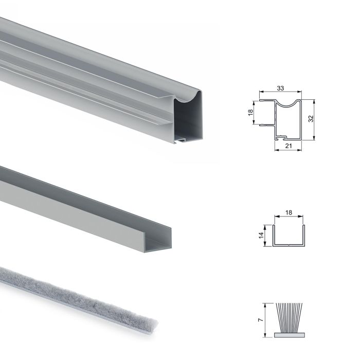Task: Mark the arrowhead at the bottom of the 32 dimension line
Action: (x=314, y=140)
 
